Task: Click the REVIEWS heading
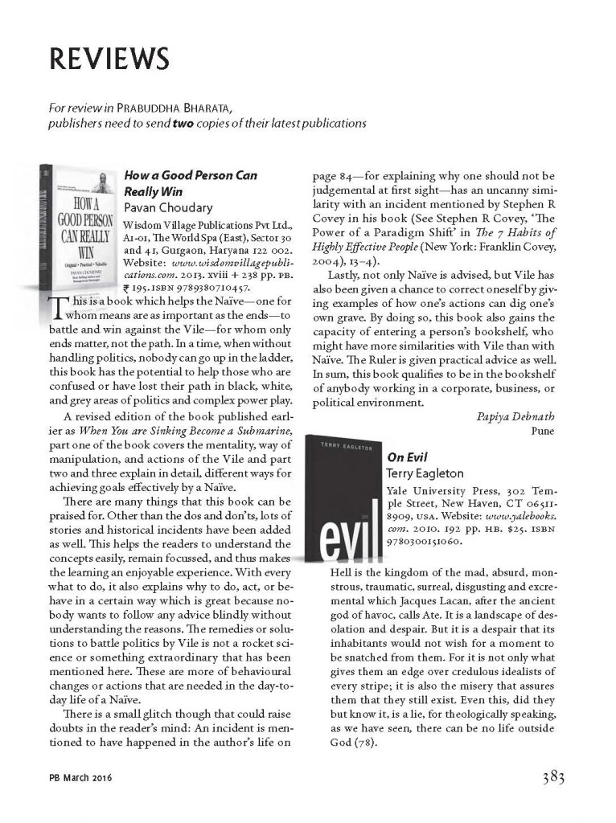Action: pyautogui.click(x=109, y=59)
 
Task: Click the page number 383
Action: pyautogui.click(x=548, y=777)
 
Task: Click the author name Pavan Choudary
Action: pyautogui.click(x=168, y=207)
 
